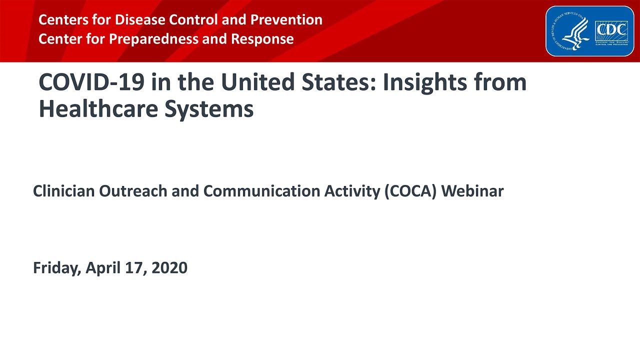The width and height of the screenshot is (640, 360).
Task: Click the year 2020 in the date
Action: tap(169, 268)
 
